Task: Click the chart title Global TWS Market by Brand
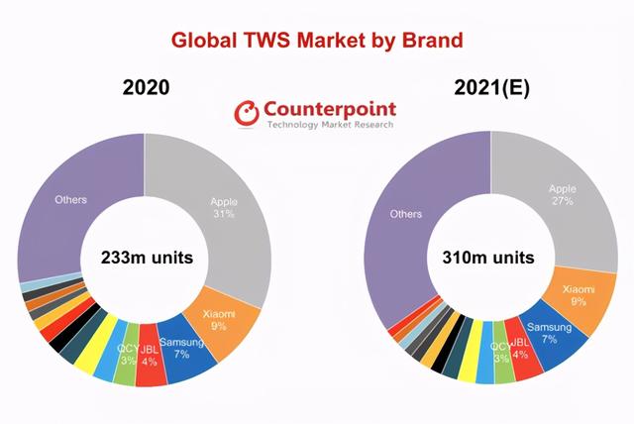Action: [317, 41]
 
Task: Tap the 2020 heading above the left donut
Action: [146, 87]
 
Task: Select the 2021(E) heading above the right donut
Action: [491, 88]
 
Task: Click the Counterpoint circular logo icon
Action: [247, 113]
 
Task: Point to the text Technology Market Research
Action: [330, 124]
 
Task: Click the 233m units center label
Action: [148, 258]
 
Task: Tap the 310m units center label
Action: [488, 258]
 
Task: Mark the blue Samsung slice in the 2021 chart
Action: [552, 336]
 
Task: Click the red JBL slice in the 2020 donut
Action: [151, 356]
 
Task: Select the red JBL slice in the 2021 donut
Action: [524, 351]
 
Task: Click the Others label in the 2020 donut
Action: [70, 200]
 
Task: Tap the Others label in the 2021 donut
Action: [405, 214]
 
